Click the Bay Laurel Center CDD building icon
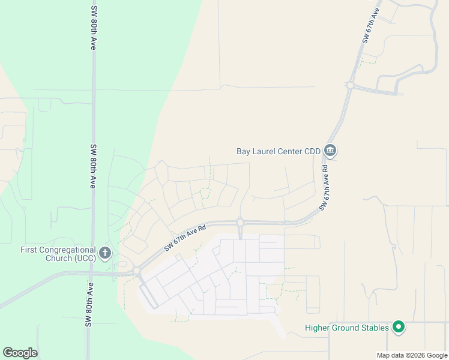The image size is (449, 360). [330, 150]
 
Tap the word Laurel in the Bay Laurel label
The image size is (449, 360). [264, 151]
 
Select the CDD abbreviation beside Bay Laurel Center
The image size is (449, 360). [312, 151]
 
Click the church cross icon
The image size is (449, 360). [105, 253]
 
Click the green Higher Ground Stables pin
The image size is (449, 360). [397, 327]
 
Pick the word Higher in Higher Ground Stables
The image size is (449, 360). [318, 328]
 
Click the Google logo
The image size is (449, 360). [20, 353]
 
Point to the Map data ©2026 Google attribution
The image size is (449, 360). [412, 355]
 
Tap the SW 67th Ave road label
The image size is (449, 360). [372, 25]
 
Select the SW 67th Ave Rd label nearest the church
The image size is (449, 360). [185, 238]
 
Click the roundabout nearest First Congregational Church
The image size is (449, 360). [136, 271]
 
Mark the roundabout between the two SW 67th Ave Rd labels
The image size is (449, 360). [240, 223]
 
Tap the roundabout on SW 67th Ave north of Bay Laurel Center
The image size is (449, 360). [349, 85]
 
